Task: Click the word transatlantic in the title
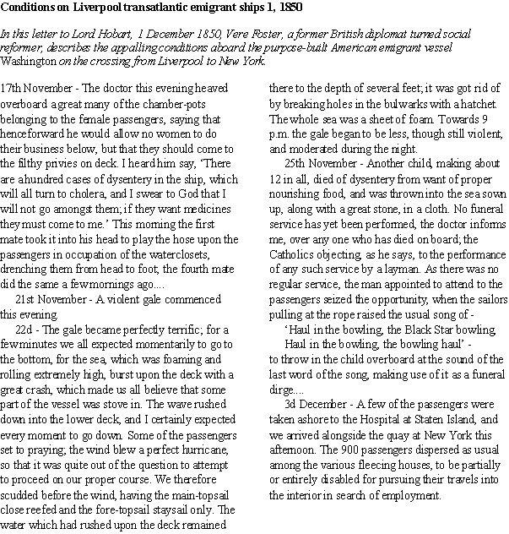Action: pyautogui.click(x=149, y=8)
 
